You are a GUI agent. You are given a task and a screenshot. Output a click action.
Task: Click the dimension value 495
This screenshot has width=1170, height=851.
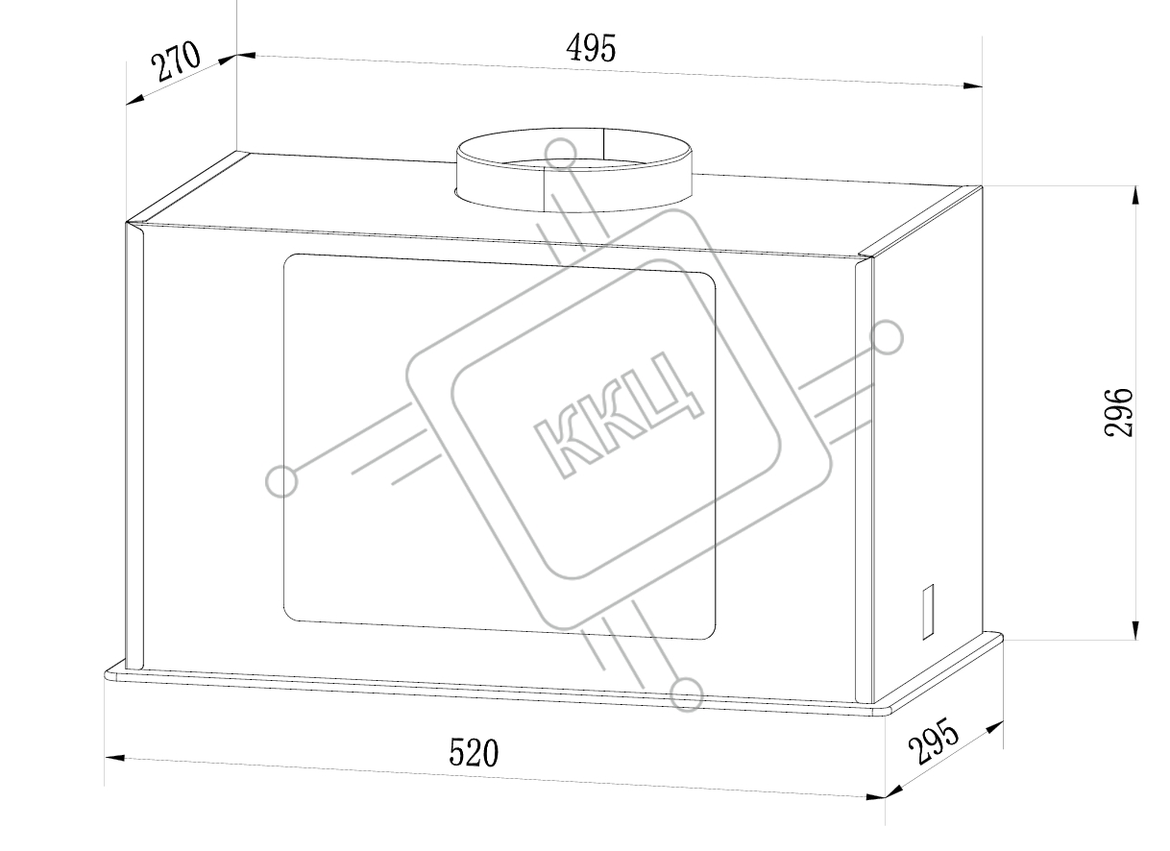coord(592,48)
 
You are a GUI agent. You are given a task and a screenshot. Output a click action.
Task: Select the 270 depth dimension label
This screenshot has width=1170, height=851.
coord(176,61)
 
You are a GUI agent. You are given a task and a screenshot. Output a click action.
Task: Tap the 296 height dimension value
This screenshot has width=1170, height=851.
coord(1118,412)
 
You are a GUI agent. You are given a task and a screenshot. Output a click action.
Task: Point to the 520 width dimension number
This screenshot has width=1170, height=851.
coord(474,752)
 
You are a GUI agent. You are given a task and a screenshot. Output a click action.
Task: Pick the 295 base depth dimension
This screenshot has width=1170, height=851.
coord(934,742)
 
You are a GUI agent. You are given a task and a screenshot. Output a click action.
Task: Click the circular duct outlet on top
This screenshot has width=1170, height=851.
coord(573,170)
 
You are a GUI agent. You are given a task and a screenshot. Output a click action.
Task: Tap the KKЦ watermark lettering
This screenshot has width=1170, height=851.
coord(618,415)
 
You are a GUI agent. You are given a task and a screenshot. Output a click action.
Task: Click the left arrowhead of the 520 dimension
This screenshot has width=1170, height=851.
coord(114,757)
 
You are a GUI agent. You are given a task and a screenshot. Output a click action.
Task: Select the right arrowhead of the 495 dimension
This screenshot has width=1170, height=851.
coord(972,85)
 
